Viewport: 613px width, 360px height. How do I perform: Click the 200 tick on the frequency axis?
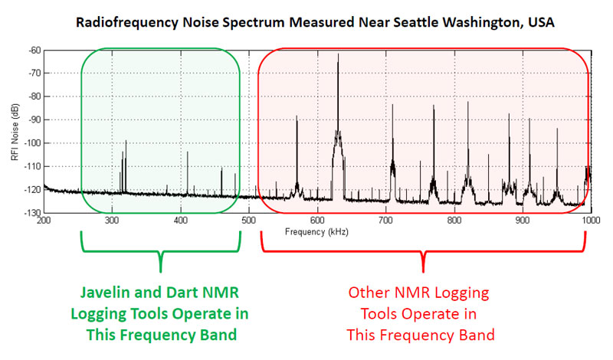tap(44, 221)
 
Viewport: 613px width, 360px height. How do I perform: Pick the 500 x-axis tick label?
tap(249, 221)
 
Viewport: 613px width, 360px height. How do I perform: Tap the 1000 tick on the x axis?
tap(590, 221)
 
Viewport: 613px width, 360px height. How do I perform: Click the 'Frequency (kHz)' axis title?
tap(314, 230)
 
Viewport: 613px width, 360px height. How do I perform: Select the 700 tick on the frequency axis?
tap(385, 221)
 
